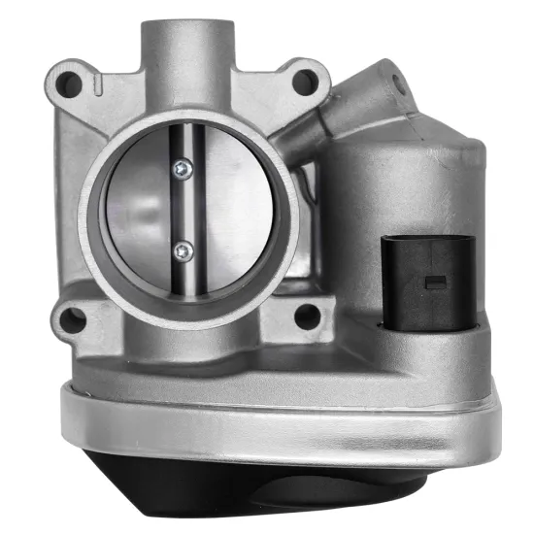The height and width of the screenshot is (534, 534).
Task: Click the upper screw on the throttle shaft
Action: click(x=182, y=170)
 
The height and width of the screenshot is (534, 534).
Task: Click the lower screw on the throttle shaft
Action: click(x=182, y=251)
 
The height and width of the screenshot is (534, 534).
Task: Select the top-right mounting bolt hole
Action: click(x=305, y=79)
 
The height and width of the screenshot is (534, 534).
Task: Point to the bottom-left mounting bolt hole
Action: click(x=70, y=317)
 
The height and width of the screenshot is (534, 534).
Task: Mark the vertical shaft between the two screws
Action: click(x=182, y=211)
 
